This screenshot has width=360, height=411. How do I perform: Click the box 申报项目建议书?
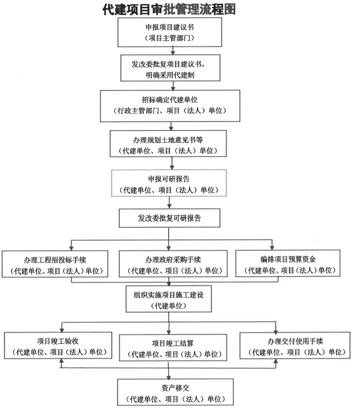168,32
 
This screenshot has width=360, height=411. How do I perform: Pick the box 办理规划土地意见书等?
168,144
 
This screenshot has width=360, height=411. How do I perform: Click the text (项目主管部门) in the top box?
168,38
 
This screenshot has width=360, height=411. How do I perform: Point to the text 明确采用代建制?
168,76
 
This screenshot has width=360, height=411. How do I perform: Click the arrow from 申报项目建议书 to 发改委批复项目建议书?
168,50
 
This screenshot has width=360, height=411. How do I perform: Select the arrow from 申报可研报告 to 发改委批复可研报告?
168,203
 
